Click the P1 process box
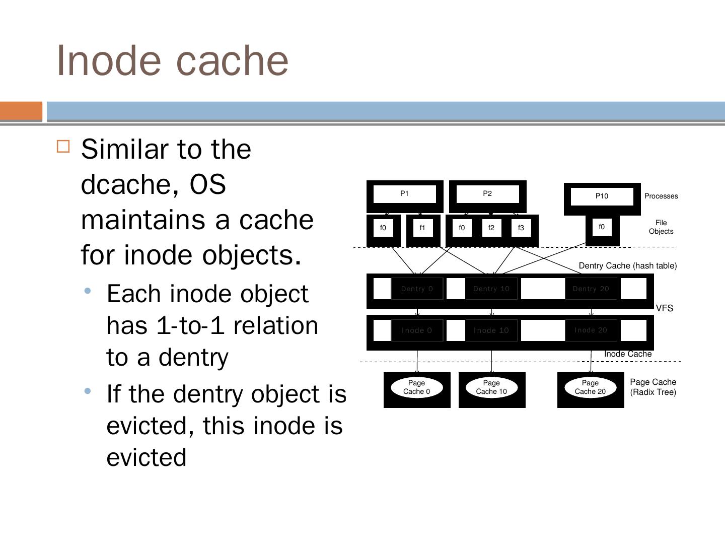point(405,194)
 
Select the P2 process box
point(487,194)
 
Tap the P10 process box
point(602,196)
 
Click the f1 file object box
point(422,228)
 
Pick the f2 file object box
point(491,228)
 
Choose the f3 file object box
point(521,228)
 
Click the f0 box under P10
point(602,227)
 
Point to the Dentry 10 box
point(491,289)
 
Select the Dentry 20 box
point(591,289)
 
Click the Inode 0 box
point(417,330)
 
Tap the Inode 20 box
point(591,330)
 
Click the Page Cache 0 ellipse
point(417,387)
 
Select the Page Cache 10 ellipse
point(491,387)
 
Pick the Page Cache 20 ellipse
point(590,387)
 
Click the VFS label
point(665,308)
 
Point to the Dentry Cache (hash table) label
point(628,265)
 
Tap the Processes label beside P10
point(661,196)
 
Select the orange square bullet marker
point(63,147)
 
